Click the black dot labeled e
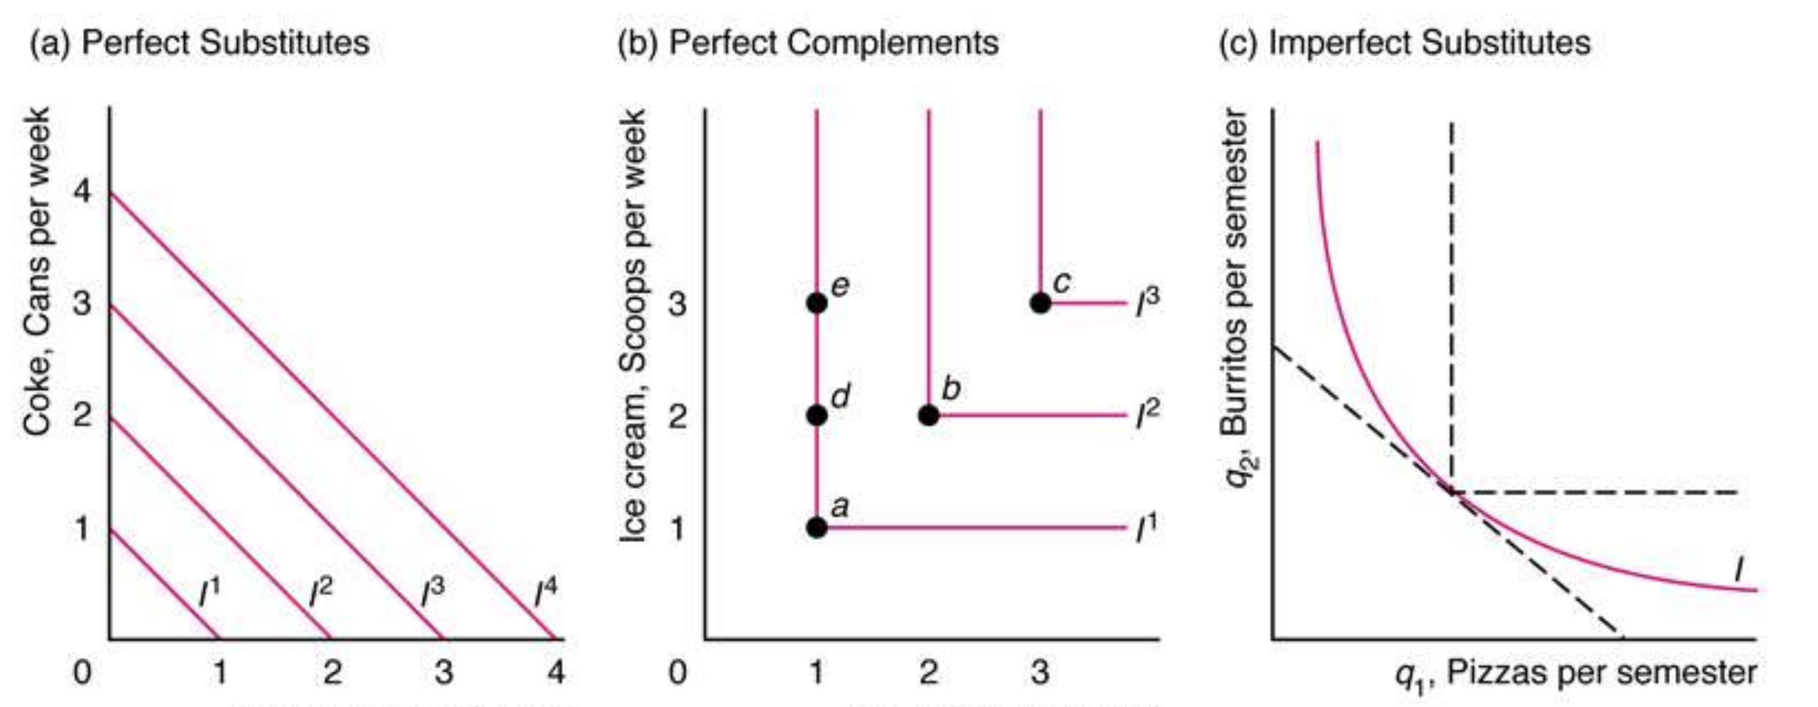pos(816,303)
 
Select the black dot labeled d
pos(816,415)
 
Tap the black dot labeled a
pos(816,527)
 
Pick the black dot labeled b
pos(929,415)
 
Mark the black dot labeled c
pos(1040,303)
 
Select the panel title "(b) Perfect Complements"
pos(808,42)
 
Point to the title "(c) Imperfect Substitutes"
pos(1405,42)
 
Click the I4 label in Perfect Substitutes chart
pos(546,592)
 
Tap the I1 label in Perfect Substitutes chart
pos(209,592)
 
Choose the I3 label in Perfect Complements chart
pos(1147,303)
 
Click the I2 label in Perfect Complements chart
pos(1147,415)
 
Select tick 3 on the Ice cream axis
pos(677,304)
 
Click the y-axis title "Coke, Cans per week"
pos(37,272)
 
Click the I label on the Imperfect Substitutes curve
pos(1739,571)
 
